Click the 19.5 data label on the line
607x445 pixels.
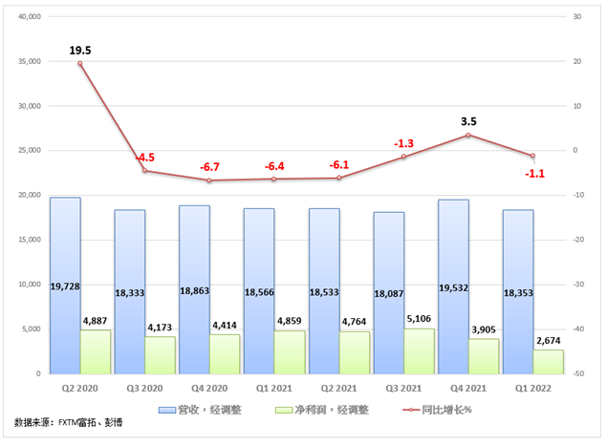81,49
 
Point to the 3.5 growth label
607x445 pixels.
468,121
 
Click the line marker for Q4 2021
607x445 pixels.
468,135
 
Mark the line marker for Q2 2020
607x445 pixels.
80,63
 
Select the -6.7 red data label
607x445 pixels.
210,167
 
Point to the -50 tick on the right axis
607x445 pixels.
579,373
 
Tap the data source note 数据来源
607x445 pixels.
71,421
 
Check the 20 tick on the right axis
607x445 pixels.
576,61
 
